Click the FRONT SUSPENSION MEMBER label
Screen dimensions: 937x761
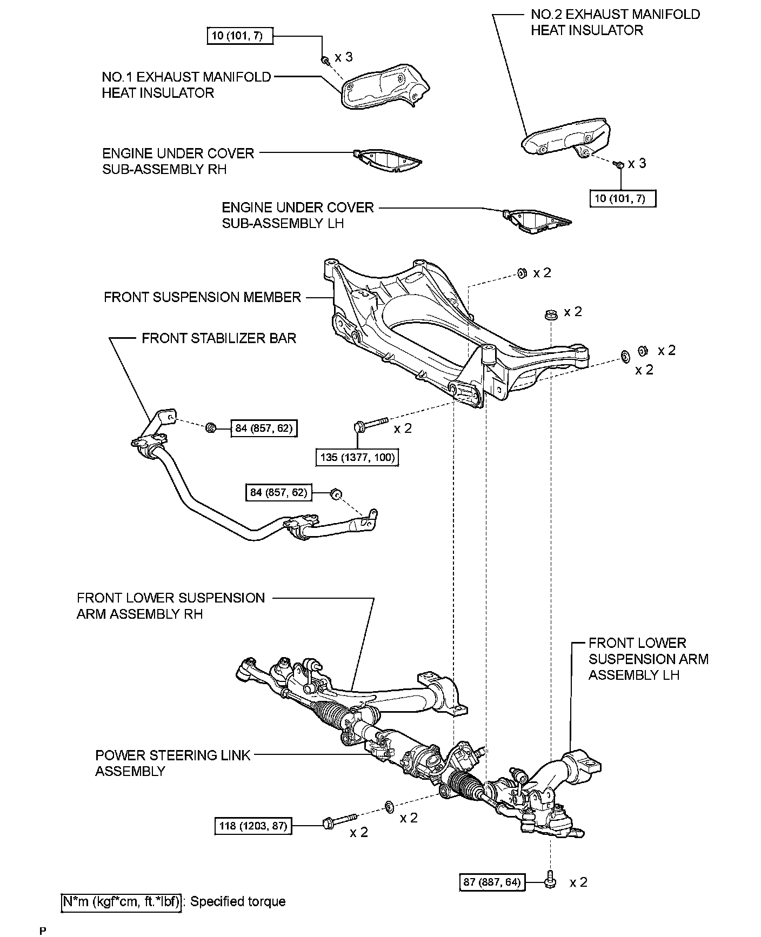[202, 297]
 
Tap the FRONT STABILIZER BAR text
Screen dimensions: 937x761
[219, 338]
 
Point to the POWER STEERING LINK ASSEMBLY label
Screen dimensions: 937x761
[173, 762]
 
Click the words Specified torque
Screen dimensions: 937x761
[238, 901]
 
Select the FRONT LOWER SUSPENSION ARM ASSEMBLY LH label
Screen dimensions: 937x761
[648, 659]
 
